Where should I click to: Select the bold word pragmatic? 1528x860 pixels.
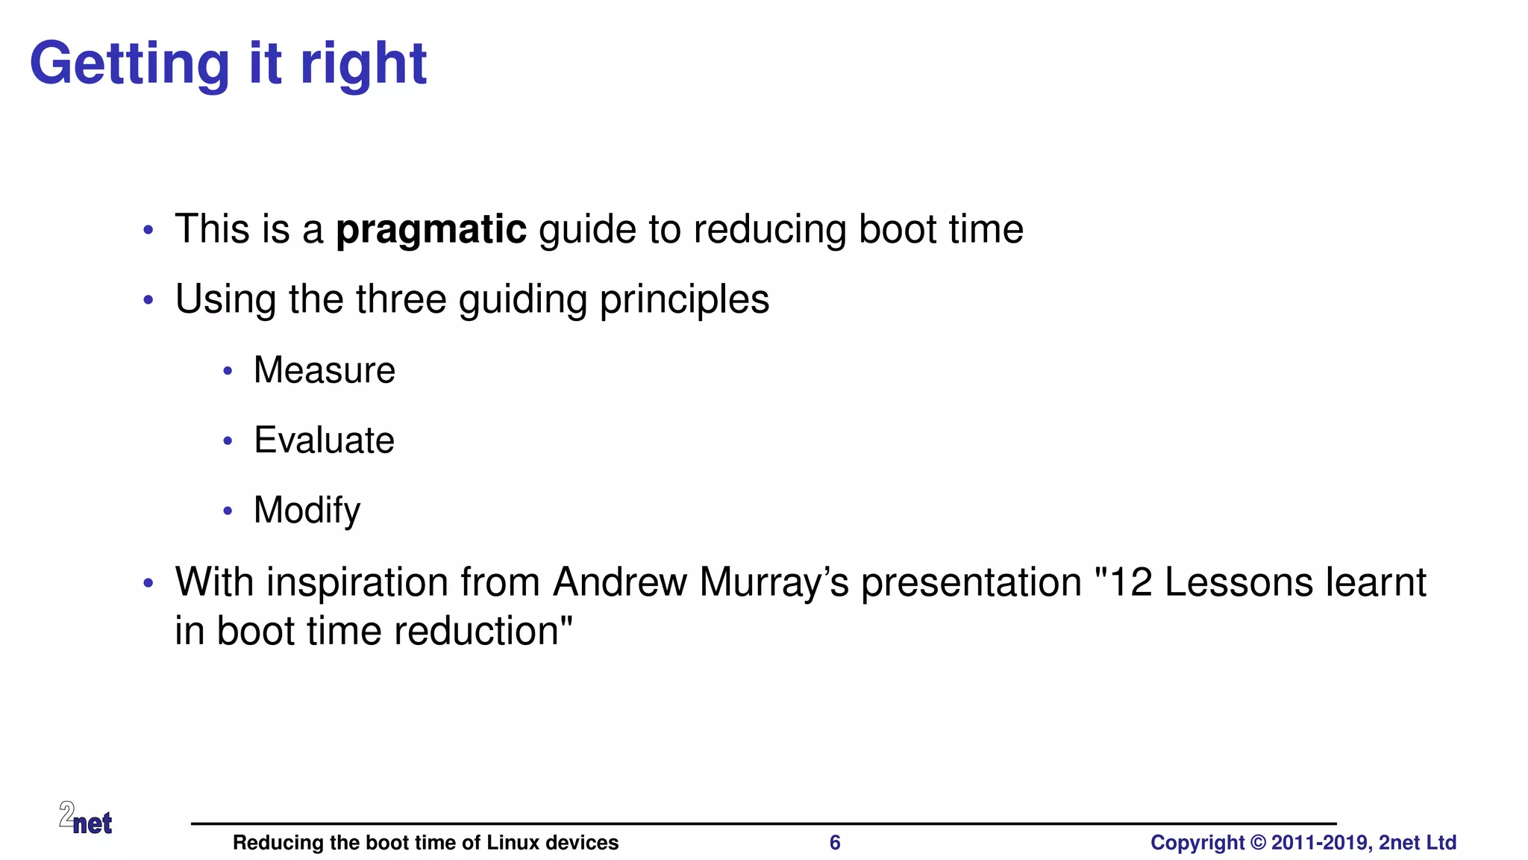pos(431,229)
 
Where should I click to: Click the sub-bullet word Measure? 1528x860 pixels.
pos(324,370)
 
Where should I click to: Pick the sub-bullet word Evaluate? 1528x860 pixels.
pos(324,440)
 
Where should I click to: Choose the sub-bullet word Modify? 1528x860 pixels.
pos(307,511)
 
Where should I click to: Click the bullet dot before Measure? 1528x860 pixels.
pos(228,371)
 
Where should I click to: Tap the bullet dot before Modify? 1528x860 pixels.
pos(228,511)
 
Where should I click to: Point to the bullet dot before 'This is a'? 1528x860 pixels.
pos(148,230)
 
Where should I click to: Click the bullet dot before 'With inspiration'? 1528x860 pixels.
pos(148,583)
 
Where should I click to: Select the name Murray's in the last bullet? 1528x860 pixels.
pos(774,583)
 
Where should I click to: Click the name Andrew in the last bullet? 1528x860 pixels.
pos(619,583)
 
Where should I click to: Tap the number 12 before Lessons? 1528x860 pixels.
pos(1130,583)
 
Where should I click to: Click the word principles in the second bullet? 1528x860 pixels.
pos(684,300)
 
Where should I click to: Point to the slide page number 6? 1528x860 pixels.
pos(835,843)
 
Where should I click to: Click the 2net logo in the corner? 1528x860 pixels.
pos(86,818)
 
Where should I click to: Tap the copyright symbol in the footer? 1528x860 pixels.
pos(1258,843)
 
